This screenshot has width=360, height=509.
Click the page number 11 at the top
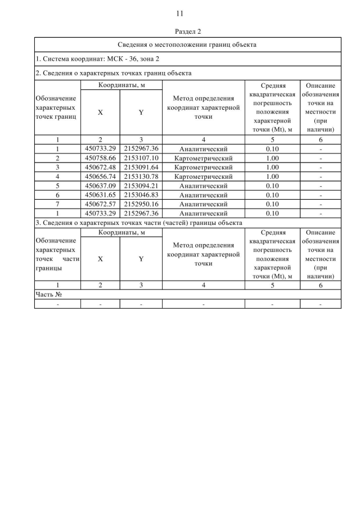180,13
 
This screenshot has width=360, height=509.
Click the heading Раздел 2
180,31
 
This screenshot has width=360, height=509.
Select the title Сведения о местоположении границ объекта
187,44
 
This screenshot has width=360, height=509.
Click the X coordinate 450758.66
100,158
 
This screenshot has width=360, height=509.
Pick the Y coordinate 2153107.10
141,158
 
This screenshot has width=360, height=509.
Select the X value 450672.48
100,167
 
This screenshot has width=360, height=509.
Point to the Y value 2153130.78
141,177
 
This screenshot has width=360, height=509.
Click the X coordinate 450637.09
100,186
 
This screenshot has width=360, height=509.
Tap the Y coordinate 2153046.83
141,195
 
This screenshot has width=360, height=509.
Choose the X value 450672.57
100,204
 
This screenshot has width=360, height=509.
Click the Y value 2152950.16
141,204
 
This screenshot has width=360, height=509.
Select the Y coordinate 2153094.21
141,186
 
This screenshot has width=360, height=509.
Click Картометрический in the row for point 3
203,167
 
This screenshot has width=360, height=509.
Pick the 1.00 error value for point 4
272,177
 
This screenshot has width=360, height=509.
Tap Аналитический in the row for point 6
203,195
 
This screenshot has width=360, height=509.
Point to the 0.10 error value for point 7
272,204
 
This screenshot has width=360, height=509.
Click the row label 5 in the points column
57,186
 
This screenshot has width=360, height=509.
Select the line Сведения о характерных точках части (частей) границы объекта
138,223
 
